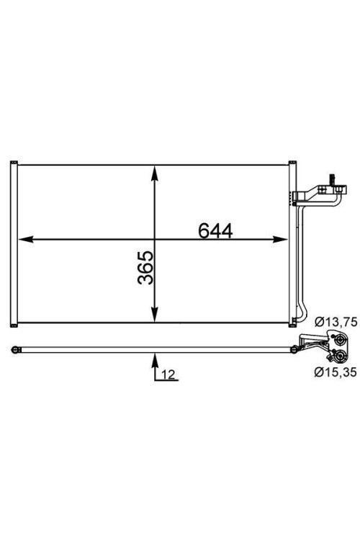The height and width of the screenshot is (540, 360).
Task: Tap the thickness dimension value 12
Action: [167, 374]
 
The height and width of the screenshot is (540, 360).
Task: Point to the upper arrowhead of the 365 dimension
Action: [154, 173]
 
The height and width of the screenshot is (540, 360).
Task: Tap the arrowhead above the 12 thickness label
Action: [154, 356]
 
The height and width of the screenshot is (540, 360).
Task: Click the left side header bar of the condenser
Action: [12, 243]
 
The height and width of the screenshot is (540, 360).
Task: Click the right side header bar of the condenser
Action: [292, 243]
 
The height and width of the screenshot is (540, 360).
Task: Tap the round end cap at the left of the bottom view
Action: [14, 350]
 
